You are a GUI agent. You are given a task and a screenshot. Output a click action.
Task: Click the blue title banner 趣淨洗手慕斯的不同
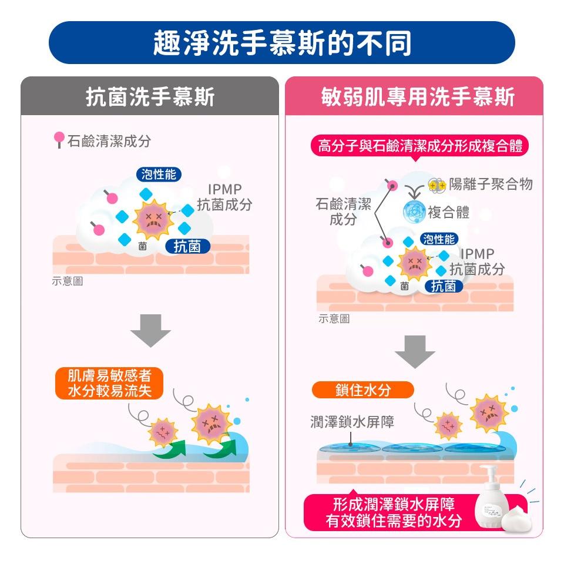point(281,42)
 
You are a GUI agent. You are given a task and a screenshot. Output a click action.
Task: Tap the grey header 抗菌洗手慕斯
point(150,96)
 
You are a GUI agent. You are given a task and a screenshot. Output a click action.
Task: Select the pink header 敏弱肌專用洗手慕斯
point(414,96)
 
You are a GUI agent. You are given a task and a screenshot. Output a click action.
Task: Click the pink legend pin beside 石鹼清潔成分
point(59,140)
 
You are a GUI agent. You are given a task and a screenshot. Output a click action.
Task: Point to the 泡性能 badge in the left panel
point(159,174)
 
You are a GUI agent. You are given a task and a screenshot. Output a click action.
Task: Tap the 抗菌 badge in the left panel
point(187,246)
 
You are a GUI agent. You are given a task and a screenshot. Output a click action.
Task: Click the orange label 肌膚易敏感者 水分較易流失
point(109,383)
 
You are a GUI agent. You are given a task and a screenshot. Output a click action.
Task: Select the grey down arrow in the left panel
point(151,331)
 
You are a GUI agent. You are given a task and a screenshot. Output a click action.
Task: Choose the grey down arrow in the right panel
point(415,352)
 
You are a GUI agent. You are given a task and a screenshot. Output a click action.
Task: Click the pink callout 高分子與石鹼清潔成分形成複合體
point(419,146)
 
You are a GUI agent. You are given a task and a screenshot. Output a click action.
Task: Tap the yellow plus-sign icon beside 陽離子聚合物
point(437,186)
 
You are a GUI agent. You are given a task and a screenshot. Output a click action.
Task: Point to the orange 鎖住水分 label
point(363,390)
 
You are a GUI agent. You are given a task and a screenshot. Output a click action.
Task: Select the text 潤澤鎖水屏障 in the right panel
point(352,422)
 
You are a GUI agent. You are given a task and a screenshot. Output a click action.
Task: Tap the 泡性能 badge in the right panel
point(439,239)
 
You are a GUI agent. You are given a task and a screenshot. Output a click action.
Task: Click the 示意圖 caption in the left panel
point(67,281)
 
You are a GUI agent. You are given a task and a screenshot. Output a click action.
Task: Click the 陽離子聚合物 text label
point(491,184)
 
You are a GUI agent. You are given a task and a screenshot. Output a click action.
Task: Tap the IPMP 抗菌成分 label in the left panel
point(224,197)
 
